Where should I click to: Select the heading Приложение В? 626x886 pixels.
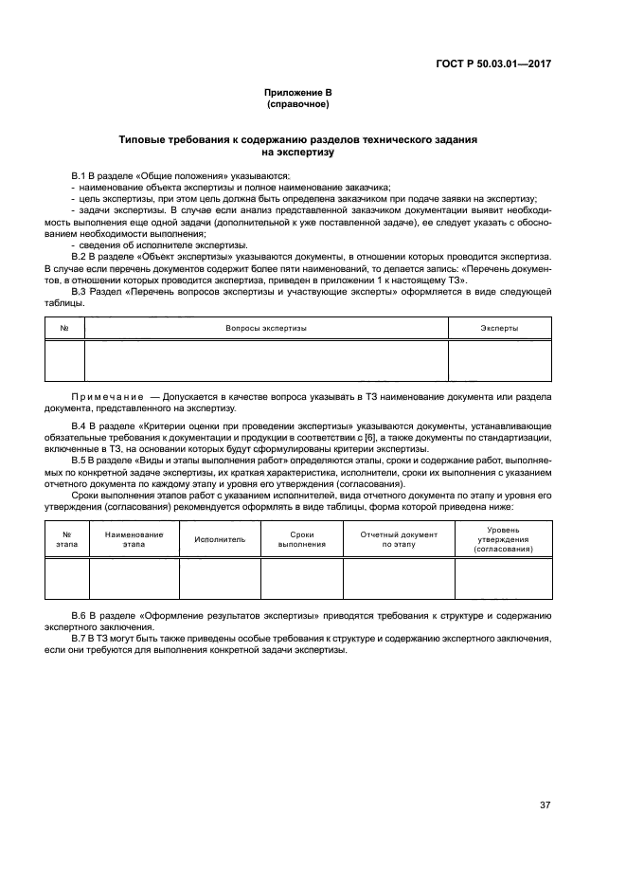pyautogui.click(x=297, y=93)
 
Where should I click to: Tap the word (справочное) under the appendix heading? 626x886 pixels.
pyautogui.click(x=297, y=104)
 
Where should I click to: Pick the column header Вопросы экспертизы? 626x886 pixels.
pyautogui.click(x=266, y=328)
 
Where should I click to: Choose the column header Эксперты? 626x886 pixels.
pyautogui.click(x=499, y=328)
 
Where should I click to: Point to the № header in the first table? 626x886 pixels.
pyautogui.click(x=64, y=328)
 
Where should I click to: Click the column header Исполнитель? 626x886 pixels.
pyautogui.click(x=220, y=538)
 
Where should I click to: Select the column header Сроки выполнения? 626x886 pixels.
pyautogui.click(x=301, y=538)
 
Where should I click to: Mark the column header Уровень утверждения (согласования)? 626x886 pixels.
pyautogui.click(x=502, y=538)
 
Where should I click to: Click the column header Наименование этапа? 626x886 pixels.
pyautogui.click(x=134, y=538)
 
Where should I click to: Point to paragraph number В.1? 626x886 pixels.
pyautogui.click(x=80, y=177)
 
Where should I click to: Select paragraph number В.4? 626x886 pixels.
pyautogui.click(x=80, y=425)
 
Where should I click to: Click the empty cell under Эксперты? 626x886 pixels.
pyautogui.click(x=499, y=361)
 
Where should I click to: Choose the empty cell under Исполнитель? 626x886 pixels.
pyautogui.click(x=220, y=579)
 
